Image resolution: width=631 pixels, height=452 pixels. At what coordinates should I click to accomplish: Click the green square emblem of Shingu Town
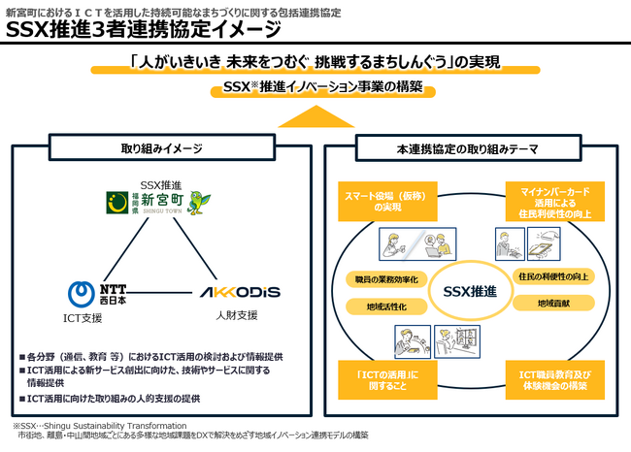click(119, 202)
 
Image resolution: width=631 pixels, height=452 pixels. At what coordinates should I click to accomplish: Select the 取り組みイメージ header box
click(161, 148)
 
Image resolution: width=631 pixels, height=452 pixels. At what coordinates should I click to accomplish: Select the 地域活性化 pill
click(373, 306)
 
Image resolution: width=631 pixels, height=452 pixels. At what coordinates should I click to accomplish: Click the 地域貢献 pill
click(556, 304)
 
